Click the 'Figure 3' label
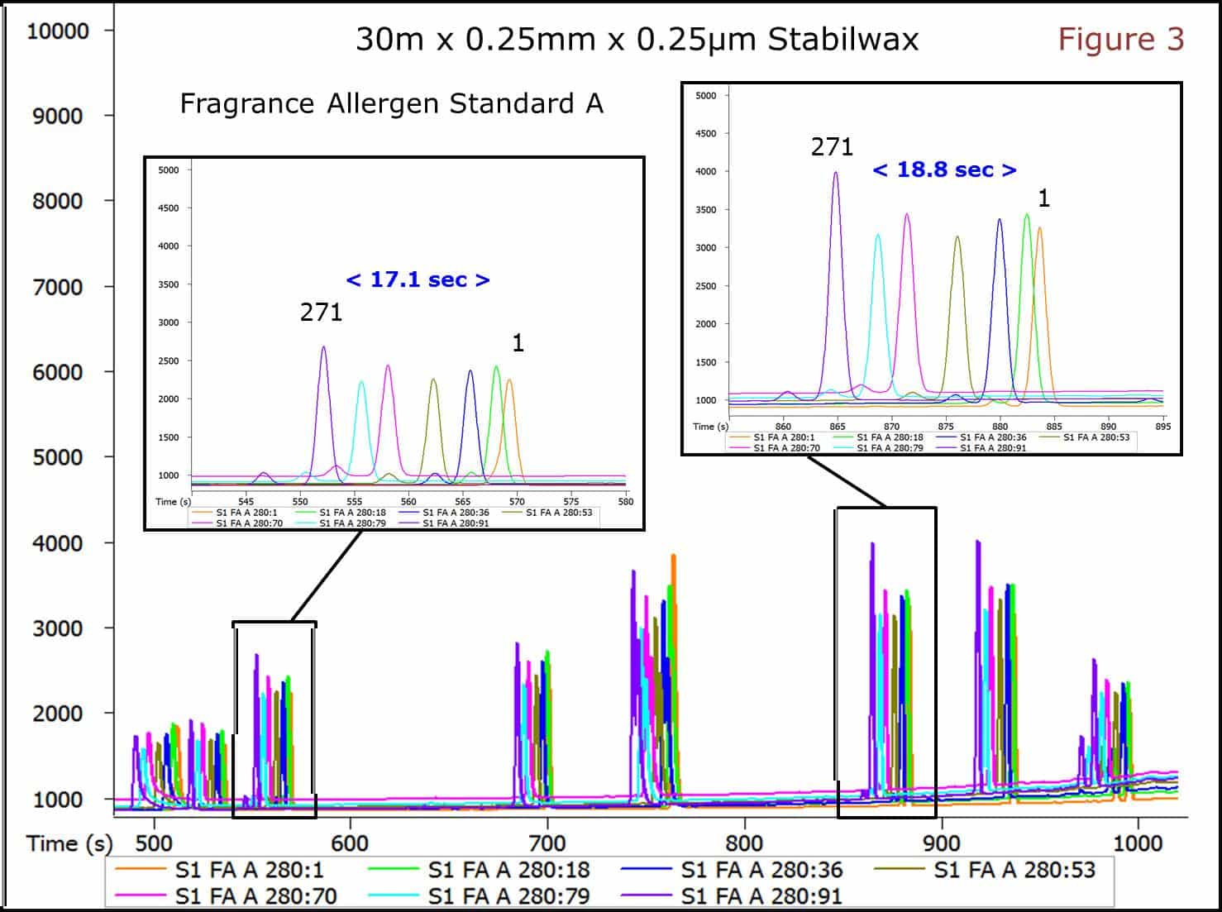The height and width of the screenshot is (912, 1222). (1120, 39)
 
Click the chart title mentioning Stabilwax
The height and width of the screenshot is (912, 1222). (637, 39)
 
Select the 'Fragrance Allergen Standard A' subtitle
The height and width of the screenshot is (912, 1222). (391, 103)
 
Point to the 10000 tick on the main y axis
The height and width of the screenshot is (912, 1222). (58, 31)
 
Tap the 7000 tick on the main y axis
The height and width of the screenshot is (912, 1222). (58, 287)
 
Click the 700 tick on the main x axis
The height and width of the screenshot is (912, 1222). (547, 843)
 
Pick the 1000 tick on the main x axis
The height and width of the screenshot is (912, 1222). (1138, 843)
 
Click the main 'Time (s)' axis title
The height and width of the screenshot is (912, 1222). (69, 843)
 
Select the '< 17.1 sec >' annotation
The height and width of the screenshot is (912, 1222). (418, 279)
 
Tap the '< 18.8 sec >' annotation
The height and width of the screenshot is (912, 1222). (944, 170)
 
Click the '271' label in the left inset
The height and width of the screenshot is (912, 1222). (321, 312)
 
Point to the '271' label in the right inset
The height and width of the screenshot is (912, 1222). (831, 147)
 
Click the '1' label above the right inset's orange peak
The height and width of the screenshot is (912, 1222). (1043, 198)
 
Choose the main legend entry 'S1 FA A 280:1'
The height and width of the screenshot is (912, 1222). (249, 870)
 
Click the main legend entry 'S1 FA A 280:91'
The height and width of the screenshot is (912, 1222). (761, 895)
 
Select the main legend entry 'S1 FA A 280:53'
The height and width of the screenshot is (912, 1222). (1014, 870)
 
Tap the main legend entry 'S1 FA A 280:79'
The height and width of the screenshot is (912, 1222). (508, 895)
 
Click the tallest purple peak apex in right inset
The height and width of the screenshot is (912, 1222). (836, 173)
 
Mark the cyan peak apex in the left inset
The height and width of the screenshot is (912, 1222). (360, 381)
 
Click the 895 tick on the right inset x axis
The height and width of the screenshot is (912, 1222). (1162, 427)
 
